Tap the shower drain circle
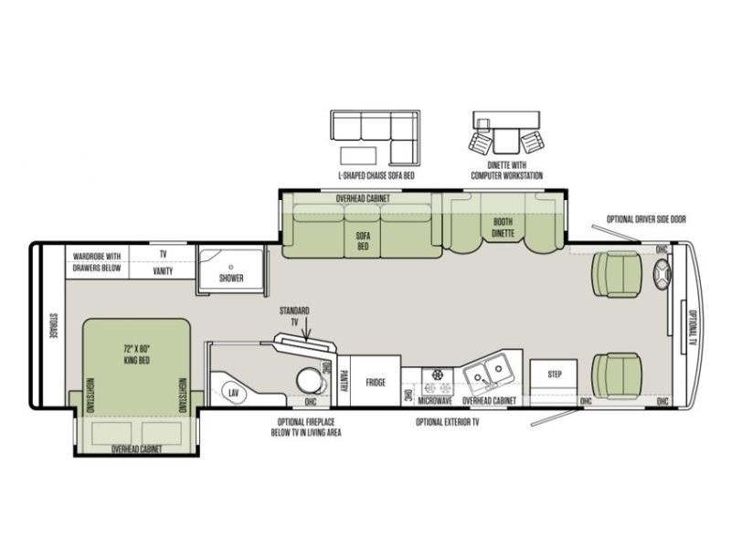click(x=231, y=267)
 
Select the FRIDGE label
click(x=376, y=383)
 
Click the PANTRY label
click(x=344, y=381)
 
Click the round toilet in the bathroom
click(x=310, y=380)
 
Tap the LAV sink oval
click(x=234, y=393)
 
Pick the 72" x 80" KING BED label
click(x=137, y=354)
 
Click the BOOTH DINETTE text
click(x=503, y=227)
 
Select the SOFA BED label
click(x=363, y=241)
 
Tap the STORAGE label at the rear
click(x=53, y=325)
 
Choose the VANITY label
click(x=163, y=270)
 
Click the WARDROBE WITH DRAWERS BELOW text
click(x=97, y=262)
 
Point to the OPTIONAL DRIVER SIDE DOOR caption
click(x=646, y=219)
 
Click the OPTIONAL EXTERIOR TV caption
click(x=448, y=422)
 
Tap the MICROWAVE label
click(x=435, y=401)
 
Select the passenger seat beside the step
click(x=616, y=376)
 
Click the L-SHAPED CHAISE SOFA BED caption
click(x=376, y=175)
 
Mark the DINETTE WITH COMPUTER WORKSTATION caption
click(x=507, y=170)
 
